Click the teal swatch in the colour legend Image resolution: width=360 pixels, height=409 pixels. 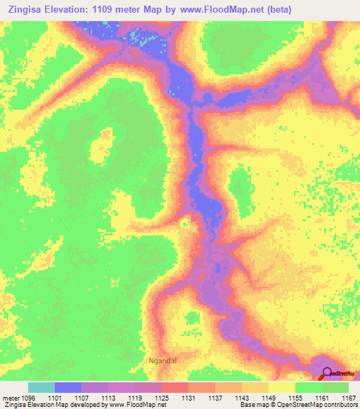click(x=41, y=387)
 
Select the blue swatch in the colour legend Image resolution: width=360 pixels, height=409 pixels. click(x=68, y=387)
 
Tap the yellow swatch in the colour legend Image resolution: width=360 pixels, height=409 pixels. click(x=282, y=387)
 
